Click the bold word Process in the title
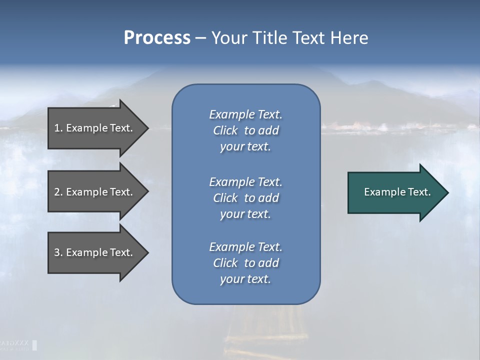click(x=157, y=38)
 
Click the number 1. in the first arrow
click(x=58, y=128)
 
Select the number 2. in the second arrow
click(x=58, y=192)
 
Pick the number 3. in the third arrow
click(x=58, y=252)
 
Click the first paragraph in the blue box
click(x=245, y=130)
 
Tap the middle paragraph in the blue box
click(x=245, y=198)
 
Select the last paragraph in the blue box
click(x=245, y=263)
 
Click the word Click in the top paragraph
click(x=225, y=130)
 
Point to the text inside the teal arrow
click(x=397, y=192)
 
